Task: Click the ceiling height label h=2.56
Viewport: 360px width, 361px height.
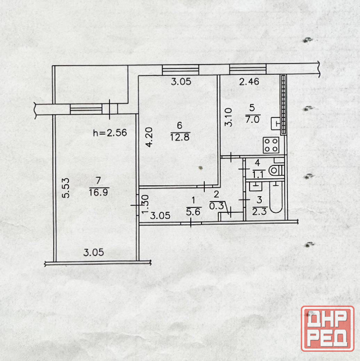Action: coord(110,133)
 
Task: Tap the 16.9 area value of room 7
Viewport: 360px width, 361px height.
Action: coord(99,192)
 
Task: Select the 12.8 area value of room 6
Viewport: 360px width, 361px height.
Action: coord(180,137)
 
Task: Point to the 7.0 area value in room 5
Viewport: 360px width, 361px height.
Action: coord(252,120)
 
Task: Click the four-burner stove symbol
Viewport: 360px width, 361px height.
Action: coord(271,145)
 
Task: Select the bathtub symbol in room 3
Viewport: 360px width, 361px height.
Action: coord(276,197)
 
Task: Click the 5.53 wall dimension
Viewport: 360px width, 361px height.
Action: coord(66,188)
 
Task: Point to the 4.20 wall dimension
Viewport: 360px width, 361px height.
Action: coord(149,137)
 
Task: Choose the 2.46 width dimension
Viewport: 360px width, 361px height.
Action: coord(249,82)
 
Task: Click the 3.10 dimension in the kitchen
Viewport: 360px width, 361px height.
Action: coord(229,117)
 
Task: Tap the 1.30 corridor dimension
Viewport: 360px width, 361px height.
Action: coord(146,204)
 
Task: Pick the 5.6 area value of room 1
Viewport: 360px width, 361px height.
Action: coord(193,212)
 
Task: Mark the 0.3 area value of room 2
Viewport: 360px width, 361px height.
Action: coord(216,206)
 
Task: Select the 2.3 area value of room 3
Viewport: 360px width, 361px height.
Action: coord(259,211)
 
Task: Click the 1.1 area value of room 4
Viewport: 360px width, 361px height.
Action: coord(258,175)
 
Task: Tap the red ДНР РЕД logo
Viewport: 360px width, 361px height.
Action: coord(328,329)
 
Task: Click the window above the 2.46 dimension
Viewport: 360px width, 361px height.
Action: coord(248,69)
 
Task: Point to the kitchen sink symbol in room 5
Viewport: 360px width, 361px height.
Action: coord(275,123)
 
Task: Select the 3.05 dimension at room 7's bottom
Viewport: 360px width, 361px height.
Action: coord(94,253)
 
